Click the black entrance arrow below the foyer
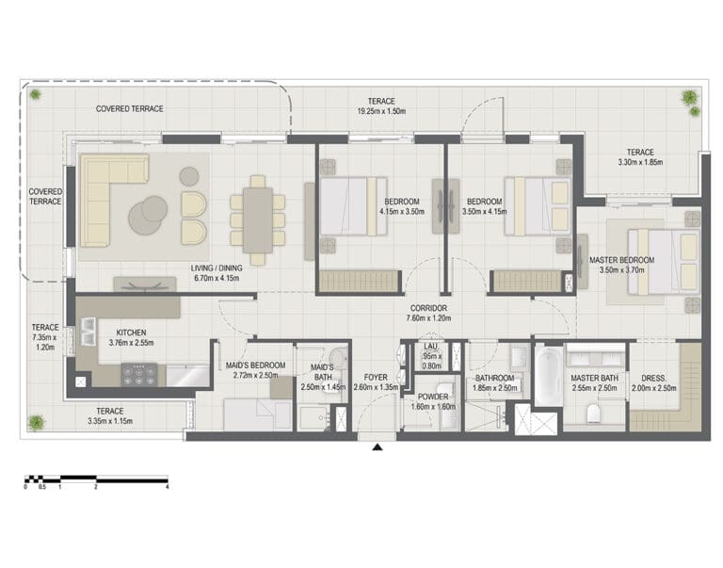(378, 446)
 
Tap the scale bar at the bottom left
(96, 479)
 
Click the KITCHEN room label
(131, 333)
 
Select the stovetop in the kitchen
(139, 374)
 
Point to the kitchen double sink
(88, 333)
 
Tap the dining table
(258, 220)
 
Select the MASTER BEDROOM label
(621, 260)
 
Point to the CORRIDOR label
(428, 308)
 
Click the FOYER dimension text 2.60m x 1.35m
(376, 387)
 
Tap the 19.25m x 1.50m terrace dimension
(381, 111)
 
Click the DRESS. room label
(653, 379)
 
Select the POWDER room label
(433, 397)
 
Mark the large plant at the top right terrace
(689, 97)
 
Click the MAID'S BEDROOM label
(255, 365)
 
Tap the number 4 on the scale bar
(167, 487)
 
